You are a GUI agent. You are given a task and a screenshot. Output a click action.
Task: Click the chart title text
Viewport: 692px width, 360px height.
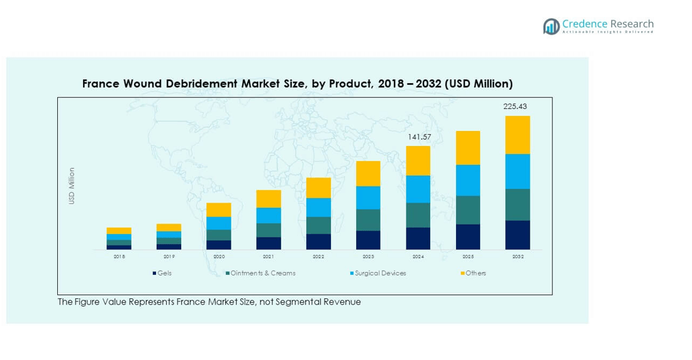(x=297, y=84)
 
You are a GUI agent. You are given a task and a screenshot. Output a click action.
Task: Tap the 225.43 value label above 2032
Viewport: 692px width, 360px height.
(x=515, y=106)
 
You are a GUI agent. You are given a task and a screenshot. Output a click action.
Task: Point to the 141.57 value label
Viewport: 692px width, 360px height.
(x=418, y=137)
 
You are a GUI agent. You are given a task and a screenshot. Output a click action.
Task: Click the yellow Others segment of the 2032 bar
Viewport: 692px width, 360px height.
(x=517, y=135)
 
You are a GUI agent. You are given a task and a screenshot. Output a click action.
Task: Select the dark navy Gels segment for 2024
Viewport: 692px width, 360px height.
(x=418, y=238)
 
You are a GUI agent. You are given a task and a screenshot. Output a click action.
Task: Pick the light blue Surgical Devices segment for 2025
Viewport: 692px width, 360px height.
(x=467, y=180)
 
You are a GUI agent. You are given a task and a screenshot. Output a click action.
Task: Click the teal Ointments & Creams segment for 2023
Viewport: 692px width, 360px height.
(x=368, y=220)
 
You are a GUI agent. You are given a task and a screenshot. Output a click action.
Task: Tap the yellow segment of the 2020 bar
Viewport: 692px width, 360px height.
(x=218, y=210)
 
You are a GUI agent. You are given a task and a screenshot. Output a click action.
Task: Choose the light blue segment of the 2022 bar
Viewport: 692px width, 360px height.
(x=318, y=207)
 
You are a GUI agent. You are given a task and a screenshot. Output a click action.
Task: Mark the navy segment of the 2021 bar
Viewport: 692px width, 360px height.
(x=269, y=243)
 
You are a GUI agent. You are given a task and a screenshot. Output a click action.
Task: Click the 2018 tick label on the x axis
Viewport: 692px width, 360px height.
(x=119, y=257)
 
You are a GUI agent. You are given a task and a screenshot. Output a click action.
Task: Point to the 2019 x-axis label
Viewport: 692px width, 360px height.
(x=169, y=257)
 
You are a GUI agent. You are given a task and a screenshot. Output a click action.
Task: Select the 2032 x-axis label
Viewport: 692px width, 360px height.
(x=517, y=257)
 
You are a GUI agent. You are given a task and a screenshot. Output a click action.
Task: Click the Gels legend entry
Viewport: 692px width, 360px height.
(x=162, y=273)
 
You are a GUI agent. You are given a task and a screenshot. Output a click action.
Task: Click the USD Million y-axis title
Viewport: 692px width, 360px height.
(x=72, y=186)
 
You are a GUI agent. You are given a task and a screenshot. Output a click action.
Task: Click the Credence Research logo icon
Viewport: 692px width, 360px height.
(x=552, y=26)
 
